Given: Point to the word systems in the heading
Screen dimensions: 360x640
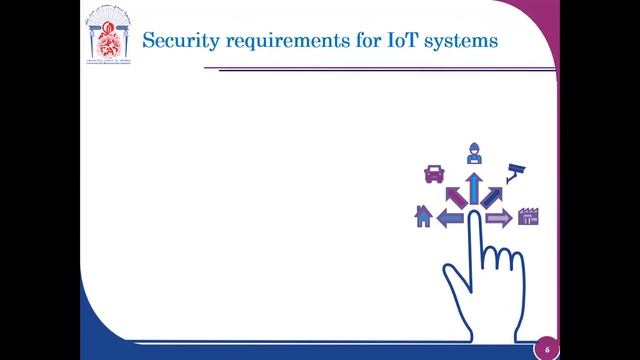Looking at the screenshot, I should [460, 43].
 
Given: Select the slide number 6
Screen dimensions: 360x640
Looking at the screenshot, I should [547, 349].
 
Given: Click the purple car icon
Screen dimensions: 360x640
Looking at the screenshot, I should [434, 173].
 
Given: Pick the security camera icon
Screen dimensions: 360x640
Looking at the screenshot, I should [516, 171].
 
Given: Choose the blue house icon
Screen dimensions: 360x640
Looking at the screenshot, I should [423, 216].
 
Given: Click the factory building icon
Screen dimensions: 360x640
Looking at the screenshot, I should [529, 216].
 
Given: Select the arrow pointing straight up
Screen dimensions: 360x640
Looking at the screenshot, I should [472, 187].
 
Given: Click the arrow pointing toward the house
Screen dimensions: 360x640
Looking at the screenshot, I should [450, 217].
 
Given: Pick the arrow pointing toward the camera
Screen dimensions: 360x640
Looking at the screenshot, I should [493, 193].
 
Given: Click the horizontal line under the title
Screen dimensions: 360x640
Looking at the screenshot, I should [380, 69].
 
